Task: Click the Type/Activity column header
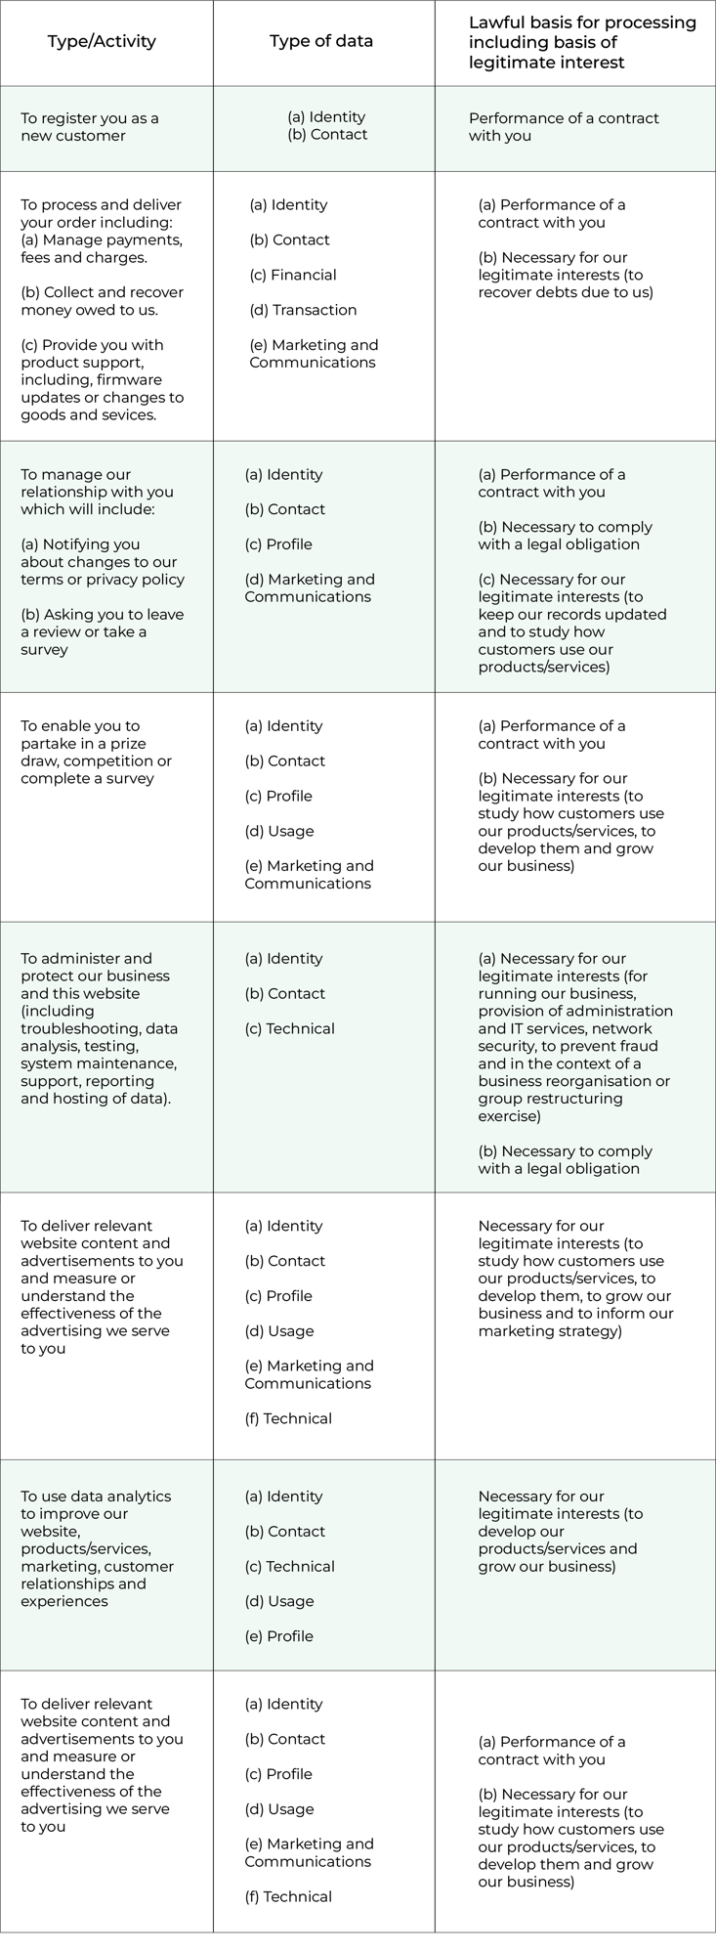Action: tap(102, 41)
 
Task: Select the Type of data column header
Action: tap(321, 41)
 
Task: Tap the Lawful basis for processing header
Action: tap(582, 42)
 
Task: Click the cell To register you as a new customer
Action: tap(90, 127)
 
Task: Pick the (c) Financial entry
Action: tap(293, 275)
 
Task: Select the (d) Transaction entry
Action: tap(303, 310)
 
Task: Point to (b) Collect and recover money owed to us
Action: tap(102, 301)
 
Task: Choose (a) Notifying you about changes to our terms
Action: tap(102, 561)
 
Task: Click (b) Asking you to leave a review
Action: tap(102, 631)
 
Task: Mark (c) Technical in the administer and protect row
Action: tap(289, 1028)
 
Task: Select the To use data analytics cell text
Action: tap(97, 1547)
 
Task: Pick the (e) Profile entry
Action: tap(278, 1635)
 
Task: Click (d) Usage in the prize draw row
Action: tap(278, 831)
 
